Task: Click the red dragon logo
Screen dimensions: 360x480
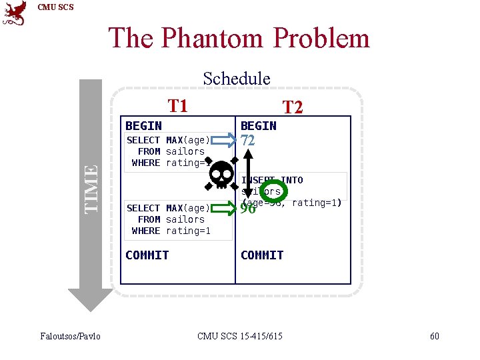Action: pos(15,13)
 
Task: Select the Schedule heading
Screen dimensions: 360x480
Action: pos(237,78)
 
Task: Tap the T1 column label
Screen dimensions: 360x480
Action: pos(177,105)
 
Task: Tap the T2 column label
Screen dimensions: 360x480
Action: pos(293,107)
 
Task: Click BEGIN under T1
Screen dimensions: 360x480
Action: pos(143,125)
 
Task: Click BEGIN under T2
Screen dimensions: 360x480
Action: pos(258,125)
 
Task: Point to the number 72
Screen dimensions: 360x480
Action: pos(248,141)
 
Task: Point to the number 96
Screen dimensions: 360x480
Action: pos(248,209)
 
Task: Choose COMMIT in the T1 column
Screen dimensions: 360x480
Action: pos(147,255)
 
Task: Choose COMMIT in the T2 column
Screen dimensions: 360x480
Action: pos(262,255)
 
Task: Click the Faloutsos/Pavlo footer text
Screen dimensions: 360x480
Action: pos(70,335)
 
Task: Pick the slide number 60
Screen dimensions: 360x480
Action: pos(434,335)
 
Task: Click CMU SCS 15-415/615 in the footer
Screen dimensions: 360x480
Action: pos(240,335)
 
